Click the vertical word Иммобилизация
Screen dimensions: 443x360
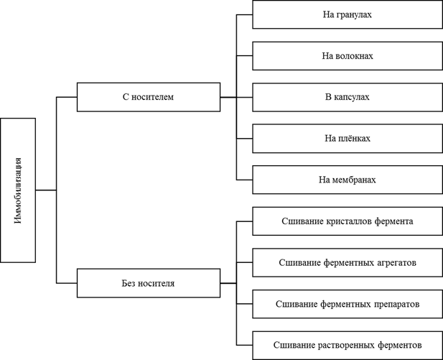pyautogui.click(x=18, y=190)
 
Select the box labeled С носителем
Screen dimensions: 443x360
pyautogui.click(x=149, y=97)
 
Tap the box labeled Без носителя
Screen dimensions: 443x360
pyautogui.click(x=149, y=283)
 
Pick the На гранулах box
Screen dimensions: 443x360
pyautogui.click(x=348, y=14)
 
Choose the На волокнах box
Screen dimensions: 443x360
pyautogui.click(x=348, y=56)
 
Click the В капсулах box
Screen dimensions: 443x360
pyautogui.click(x=348, y=97)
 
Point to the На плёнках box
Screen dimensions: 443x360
pyautogui.click(x=348, y=139)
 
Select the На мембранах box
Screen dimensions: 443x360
pyautogui.click(x=348, y=180)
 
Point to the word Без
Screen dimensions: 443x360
pyautogui.click(x=126, y=283)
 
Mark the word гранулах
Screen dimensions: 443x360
pyautogui.click(x=354, y=14)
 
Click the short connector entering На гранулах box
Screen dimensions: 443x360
pyautogui.click(x=244, y=14)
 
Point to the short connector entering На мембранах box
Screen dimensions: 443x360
pyautogui.click(x=244, y=180)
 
